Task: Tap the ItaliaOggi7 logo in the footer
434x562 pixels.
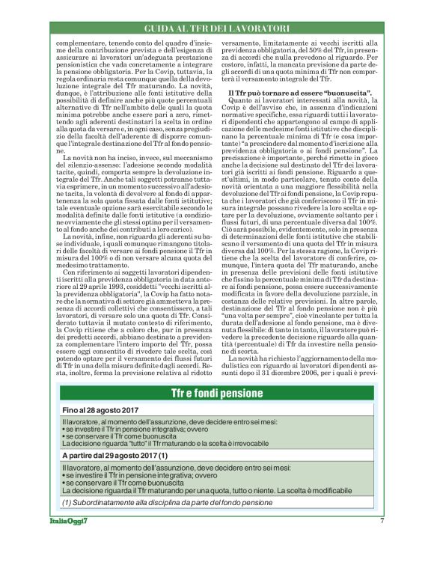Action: click(66, 521)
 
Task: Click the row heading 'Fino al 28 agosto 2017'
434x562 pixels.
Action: click(94, 411)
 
